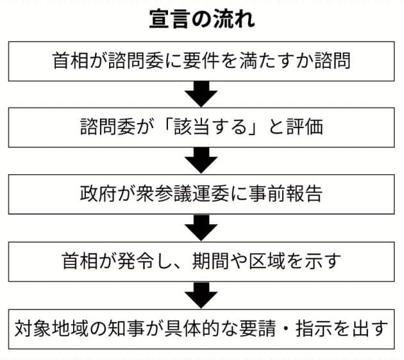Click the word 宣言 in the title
click(168, 19)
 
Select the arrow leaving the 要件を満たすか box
click(201, 94)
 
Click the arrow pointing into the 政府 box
click(201, 160)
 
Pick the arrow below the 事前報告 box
click(201, 228)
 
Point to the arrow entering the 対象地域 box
click(201, 295)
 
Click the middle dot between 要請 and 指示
click(286, 329)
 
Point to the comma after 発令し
click(180, 266)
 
